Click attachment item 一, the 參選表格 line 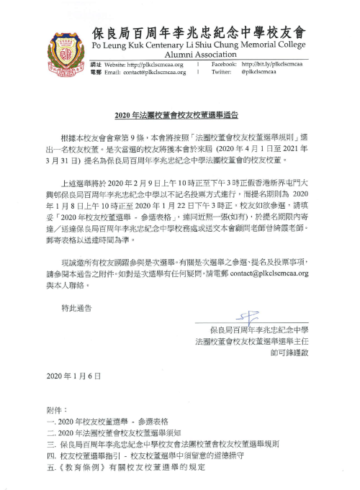coord(108,419)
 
